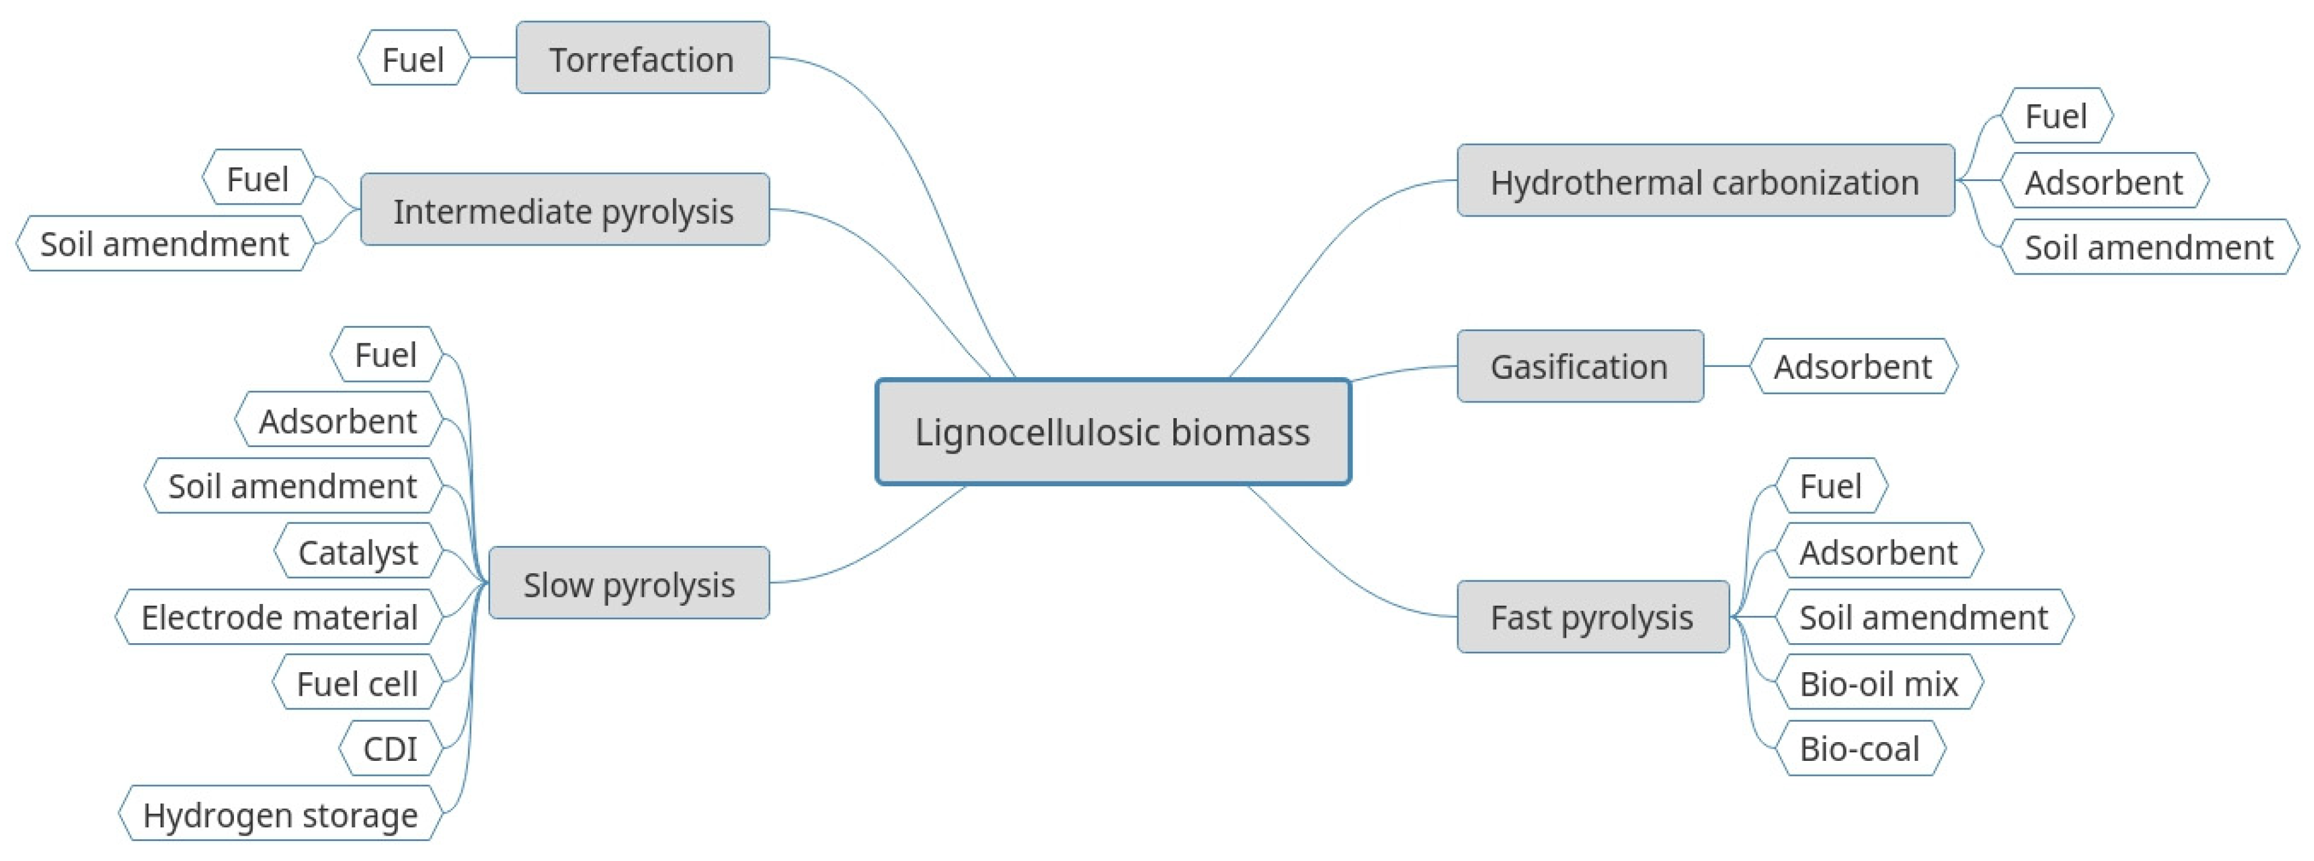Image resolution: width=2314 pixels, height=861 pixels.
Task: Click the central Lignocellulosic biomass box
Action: pyautogui.click(x=1113, y=431)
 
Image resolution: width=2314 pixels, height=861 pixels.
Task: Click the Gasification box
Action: pyautogui.click(x=1579, y=366)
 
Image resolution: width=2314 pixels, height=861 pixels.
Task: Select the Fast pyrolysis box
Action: pyautogui.click(x=1592, y=617)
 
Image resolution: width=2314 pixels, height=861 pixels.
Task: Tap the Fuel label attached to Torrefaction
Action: pyautogui.click(x=413, y=59)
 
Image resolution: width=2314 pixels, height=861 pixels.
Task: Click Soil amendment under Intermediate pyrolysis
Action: pyautogui.click(x=165, y=244)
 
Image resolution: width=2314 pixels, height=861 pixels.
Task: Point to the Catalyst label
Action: pyautogui.click(x=358, y=552)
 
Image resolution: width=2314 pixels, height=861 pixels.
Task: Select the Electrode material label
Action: pyautogui.click(x=279, y=617)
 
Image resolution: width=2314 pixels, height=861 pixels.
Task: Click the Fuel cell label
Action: pyautogui.click(x=356, y=683)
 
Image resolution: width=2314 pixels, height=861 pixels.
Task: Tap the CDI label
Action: pyautogui.click(x=390, y=748)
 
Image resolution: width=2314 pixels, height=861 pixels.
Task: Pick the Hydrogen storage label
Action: pyautogui.click(x=280, y=815)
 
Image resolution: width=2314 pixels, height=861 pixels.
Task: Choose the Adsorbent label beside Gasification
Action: pyautogui.click(x=1852, y=366)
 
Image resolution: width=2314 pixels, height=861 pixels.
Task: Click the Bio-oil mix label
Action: pyautogui.click(x=1878, y=683)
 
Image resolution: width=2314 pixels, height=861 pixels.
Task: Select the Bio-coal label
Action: pyautogui.click(x=1859, y=748)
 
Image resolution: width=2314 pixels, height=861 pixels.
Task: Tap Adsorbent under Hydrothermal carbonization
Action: pyautogui.click(x=2103, y=182)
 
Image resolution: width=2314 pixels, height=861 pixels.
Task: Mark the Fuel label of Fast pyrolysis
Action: pyautogui.click(x=1830, y=486)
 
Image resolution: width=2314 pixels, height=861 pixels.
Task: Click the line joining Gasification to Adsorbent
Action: pyautogui.click(x=1727, y=366)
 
